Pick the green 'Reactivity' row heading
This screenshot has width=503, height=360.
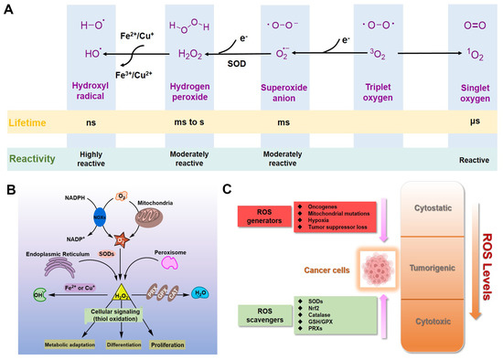[x=32, y=157]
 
